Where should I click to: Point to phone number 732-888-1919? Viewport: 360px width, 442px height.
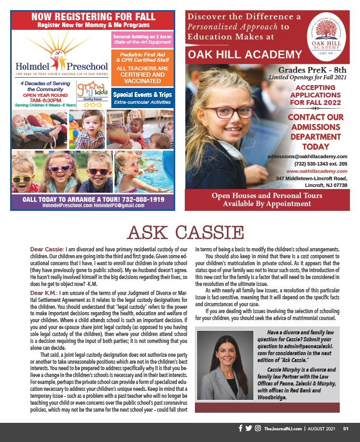coord(137,199)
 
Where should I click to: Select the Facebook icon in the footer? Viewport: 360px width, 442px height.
coord(240,428)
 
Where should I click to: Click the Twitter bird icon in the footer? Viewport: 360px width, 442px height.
coord(249,428)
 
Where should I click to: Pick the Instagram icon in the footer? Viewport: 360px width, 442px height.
coord(258,428)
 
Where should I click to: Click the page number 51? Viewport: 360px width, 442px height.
coord(346,429)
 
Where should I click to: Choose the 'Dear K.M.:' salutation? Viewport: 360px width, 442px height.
coord(45,293)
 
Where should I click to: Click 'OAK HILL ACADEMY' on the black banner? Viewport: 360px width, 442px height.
coord(246,54)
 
